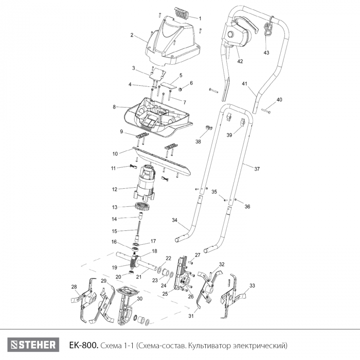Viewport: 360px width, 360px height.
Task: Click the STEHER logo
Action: pyautogui.click(x=33, y=345)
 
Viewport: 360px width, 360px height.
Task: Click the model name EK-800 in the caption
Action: pyautogui.click(x=84, y=345)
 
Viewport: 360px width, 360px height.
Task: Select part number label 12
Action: pyautogui.click(x=115, y=189)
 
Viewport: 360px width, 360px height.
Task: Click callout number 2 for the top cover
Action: pyautogui.click(x=132, y=35)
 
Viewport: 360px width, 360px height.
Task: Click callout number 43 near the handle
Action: pyautogui.click(x=266, y=53)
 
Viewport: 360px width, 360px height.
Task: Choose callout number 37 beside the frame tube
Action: pyautogui.click(x=257, y=169)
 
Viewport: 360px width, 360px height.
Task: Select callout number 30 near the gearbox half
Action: pyautogui.click(x=139, y=299)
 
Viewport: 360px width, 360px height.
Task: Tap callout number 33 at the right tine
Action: pyautogui.click(x=252, y=286)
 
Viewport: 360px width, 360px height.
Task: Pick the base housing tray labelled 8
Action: pyautogui.click(x=158, y=118)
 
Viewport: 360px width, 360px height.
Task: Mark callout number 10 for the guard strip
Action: pyautogui.click(x=115, y=154)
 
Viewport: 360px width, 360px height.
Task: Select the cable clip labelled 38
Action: pyautogui.click(x=208, y=127)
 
